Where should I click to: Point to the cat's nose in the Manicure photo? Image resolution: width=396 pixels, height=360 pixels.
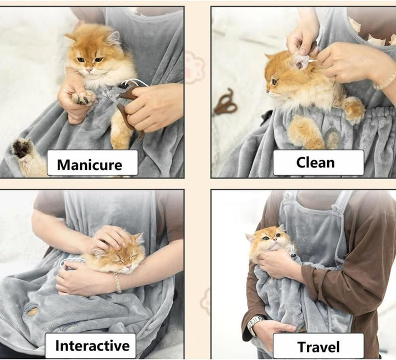(x=89, y=69)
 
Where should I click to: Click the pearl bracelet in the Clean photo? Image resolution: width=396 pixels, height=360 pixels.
(x=385, y=81)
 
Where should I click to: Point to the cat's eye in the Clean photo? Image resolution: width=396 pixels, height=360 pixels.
(x=274, y=81)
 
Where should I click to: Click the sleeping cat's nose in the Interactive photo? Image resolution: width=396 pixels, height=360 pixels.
(x=129, y=267)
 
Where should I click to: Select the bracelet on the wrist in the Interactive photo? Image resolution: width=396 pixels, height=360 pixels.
(x=117, y=283)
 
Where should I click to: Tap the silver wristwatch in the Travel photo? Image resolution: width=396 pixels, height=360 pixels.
(x=255, y=325)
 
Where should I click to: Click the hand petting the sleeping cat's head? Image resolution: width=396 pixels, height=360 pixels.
(x=111, y=238)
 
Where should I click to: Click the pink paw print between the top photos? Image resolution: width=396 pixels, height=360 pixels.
(x=194, y=67)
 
